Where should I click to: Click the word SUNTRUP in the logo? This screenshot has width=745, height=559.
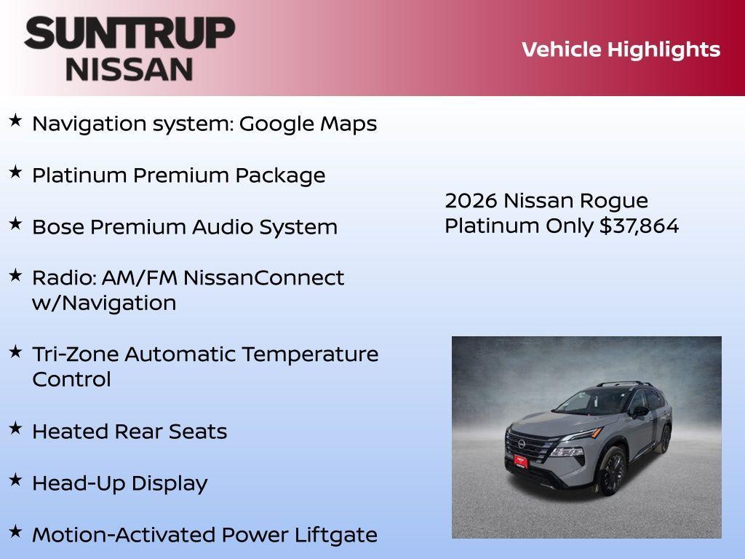130,33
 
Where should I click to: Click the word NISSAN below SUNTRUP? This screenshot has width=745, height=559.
130,68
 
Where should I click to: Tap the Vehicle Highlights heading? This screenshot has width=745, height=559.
621,49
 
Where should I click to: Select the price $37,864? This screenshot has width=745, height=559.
639,226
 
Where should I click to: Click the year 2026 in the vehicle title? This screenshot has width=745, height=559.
471,201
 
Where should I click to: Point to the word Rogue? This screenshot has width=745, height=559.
616,201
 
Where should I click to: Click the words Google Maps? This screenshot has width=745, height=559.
308,124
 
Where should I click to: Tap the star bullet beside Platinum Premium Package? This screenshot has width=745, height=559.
15,173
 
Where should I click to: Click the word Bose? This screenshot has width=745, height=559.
57,227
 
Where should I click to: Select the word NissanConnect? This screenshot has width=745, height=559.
263,278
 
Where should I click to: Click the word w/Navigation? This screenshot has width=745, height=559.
104,303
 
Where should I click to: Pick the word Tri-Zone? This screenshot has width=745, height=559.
75,354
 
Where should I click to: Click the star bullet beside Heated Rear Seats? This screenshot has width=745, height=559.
15,429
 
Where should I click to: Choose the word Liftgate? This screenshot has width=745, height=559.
335,535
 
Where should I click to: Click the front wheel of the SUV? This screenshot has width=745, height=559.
613,471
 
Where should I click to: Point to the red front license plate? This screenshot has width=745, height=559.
521,460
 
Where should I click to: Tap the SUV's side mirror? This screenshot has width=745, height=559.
640,411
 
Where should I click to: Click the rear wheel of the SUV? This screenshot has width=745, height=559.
664,440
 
